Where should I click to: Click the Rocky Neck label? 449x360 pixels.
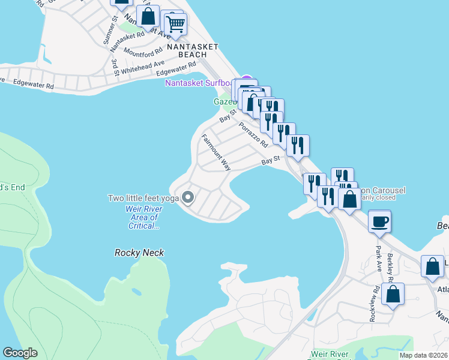(x=139, y=253)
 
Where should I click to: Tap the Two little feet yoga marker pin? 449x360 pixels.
(x=188, y=197)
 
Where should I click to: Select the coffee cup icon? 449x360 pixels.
(x=379, y=221)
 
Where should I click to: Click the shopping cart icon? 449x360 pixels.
(x=175, y=25)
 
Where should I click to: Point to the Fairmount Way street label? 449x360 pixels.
(x=216, y=152)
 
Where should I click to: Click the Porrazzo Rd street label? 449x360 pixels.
(x=253, y=135)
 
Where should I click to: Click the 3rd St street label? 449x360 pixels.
(x=114, y=67)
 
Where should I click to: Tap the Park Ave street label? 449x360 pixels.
(x=379, y=258)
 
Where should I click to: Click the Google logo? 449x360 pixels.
(x=20, y=353)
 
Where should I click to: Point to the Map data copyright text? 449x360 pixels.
(x=424, y=355)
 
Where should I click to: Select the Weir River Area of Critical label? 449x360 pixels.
(x=143, y=217)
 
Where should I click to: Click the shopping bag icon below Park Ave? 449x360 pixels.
(x=393, y=295)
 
